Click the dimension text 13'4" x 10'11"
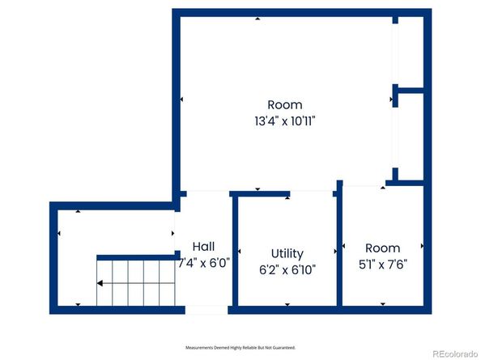tap(284, 121)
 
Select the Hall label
tap(203, 246)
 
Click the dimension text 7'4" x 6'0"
tap(203, 262)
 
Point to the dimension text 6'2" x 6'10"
tap(287, 269)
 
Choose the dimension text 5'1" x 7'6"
tap(382, 264)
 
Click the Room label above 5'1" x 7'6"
tap(382, 248)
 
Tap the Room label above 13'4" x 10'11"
tap(284, 104)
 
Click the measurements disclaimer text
tap(240, 347)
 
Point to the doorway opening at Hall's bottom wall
tap(206, 310)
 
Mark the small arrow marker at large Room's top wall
tap(258, 18)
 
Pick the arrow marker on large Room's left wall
tap(182, 100)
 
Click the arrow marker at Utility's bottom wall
tap(287, 304)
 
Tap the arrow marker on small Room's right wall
tap(422, 245)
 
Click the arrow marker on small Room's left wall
tap(346, 245)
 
